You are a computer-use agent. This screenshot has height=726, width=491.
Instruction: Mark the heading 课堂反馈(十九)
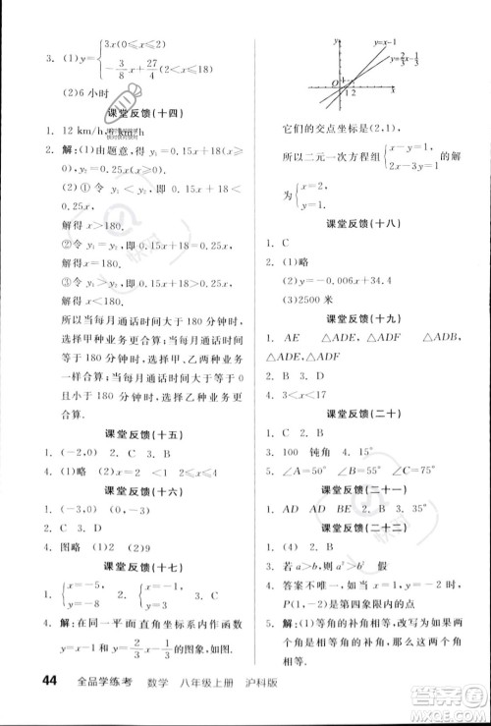366,315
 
